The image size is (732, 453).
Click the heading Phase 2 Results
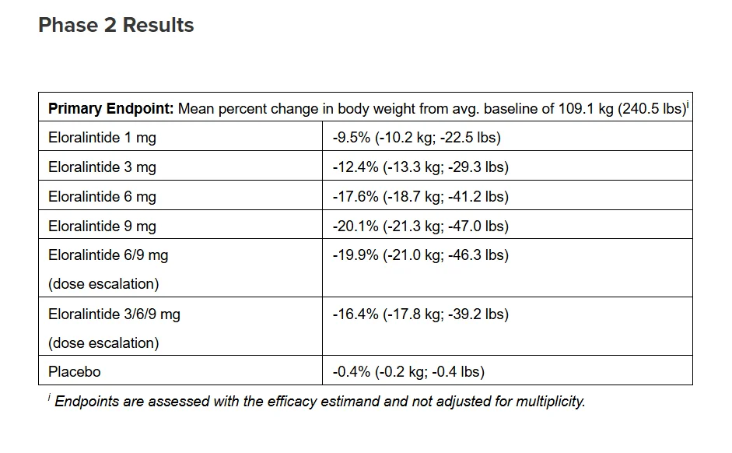(116, 25)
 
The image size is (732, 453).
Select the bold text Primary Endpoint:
(110, 109)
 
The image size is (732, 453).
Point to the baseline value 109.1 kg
(586, 109)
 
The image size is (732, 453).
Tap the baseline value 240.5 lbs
(651, 109)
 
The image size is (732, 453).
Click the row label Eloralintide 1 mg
(102, 138)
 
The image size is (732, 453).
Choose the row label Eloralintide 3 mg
(102, 167)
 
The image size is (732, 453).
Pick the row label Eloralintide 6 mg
(102, 197)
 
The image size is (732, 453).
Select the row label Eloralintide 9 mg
(102, 226)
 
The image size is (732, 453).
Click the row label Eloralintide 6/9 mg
(108, 255)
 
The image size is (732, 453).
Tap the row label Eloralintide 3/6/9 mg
(114, 314)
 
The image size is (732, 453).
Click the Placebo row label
(74, 372)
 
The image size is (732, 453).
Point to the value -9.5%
(352, 138)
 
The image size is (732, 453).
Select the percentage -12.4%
(355, 167)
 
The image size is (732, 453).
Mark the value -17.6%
(355, 197)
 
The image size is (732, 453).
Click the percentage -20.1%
(355, 226)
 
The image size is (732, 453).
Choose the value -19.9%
(355, 255)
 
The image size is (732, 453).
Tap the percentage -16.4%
(355, 314)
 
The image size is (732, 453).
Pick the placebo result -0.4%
(352, 372)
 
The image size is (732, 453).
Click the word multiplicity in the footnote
(551, 402)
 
